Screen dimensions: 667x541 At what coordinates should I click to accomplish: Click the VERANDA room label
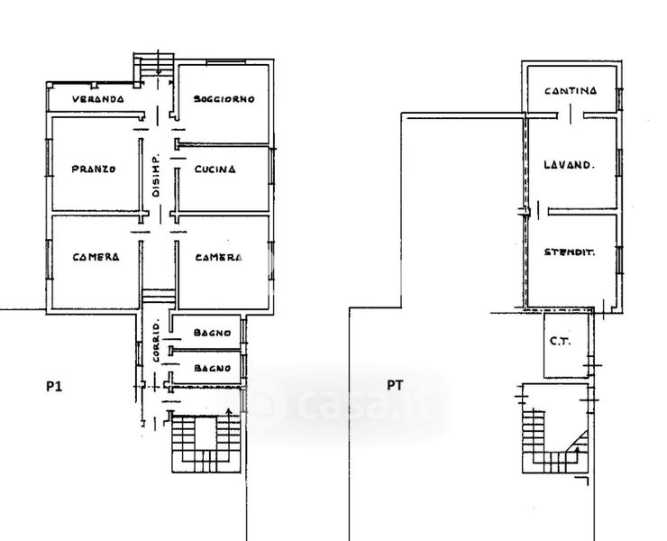(x=98, y=99)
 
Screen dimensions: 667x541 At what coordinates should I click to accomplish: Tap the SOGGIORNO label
(x=224, y=99)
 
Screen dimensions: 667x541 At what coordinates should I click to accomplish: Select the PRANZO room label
(x=93, y=169)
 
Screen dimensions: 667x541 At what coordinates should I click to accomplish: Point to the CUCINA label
(x=215, y=170)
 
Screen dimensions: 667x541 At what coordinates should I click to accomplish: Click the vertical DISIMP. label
(x=156, y=175)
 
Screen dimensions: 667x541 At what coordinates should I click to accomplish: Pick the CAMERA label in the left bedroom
(x=96, y=257)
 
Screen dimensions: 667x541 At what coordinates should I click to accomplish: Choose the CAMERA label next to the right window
(x=218, y=258)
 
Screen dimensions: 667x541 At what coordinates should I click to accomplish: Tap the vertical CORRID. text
(x=156, y=340)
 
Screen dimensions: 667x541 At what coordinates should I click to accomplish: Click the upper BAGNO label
(x=212, y=333)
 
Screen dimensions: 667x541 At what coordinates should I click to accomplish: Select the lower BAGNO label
(x=212, y=368)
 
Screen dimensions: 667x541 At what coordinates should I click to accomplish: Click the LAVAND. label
(x=569, y=165)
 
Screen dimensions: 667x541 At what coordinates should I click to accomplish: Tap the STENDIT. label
(x=570, y=252)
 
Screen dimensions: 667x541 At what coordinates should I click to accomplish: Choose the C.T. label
(x=561, y=342)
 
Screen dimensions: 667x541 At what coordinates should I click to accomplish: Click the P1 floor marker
(x=54, y=387)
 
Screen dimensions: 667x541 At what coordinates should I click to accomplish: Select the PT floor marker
(x=395, y=386)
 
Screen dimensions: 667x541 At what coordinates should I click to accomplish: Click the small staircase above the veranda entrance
(x=153, y=65)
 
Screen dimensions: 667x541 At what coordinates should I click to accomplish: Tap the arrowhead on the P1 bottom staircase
(x=229, y=411)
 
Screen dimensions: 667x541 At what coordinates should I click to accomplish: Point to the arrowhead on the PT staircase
(x=577, y=449)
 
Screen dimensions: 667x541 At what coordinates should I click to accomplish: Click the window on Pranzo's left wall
(x=49, y=157)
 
